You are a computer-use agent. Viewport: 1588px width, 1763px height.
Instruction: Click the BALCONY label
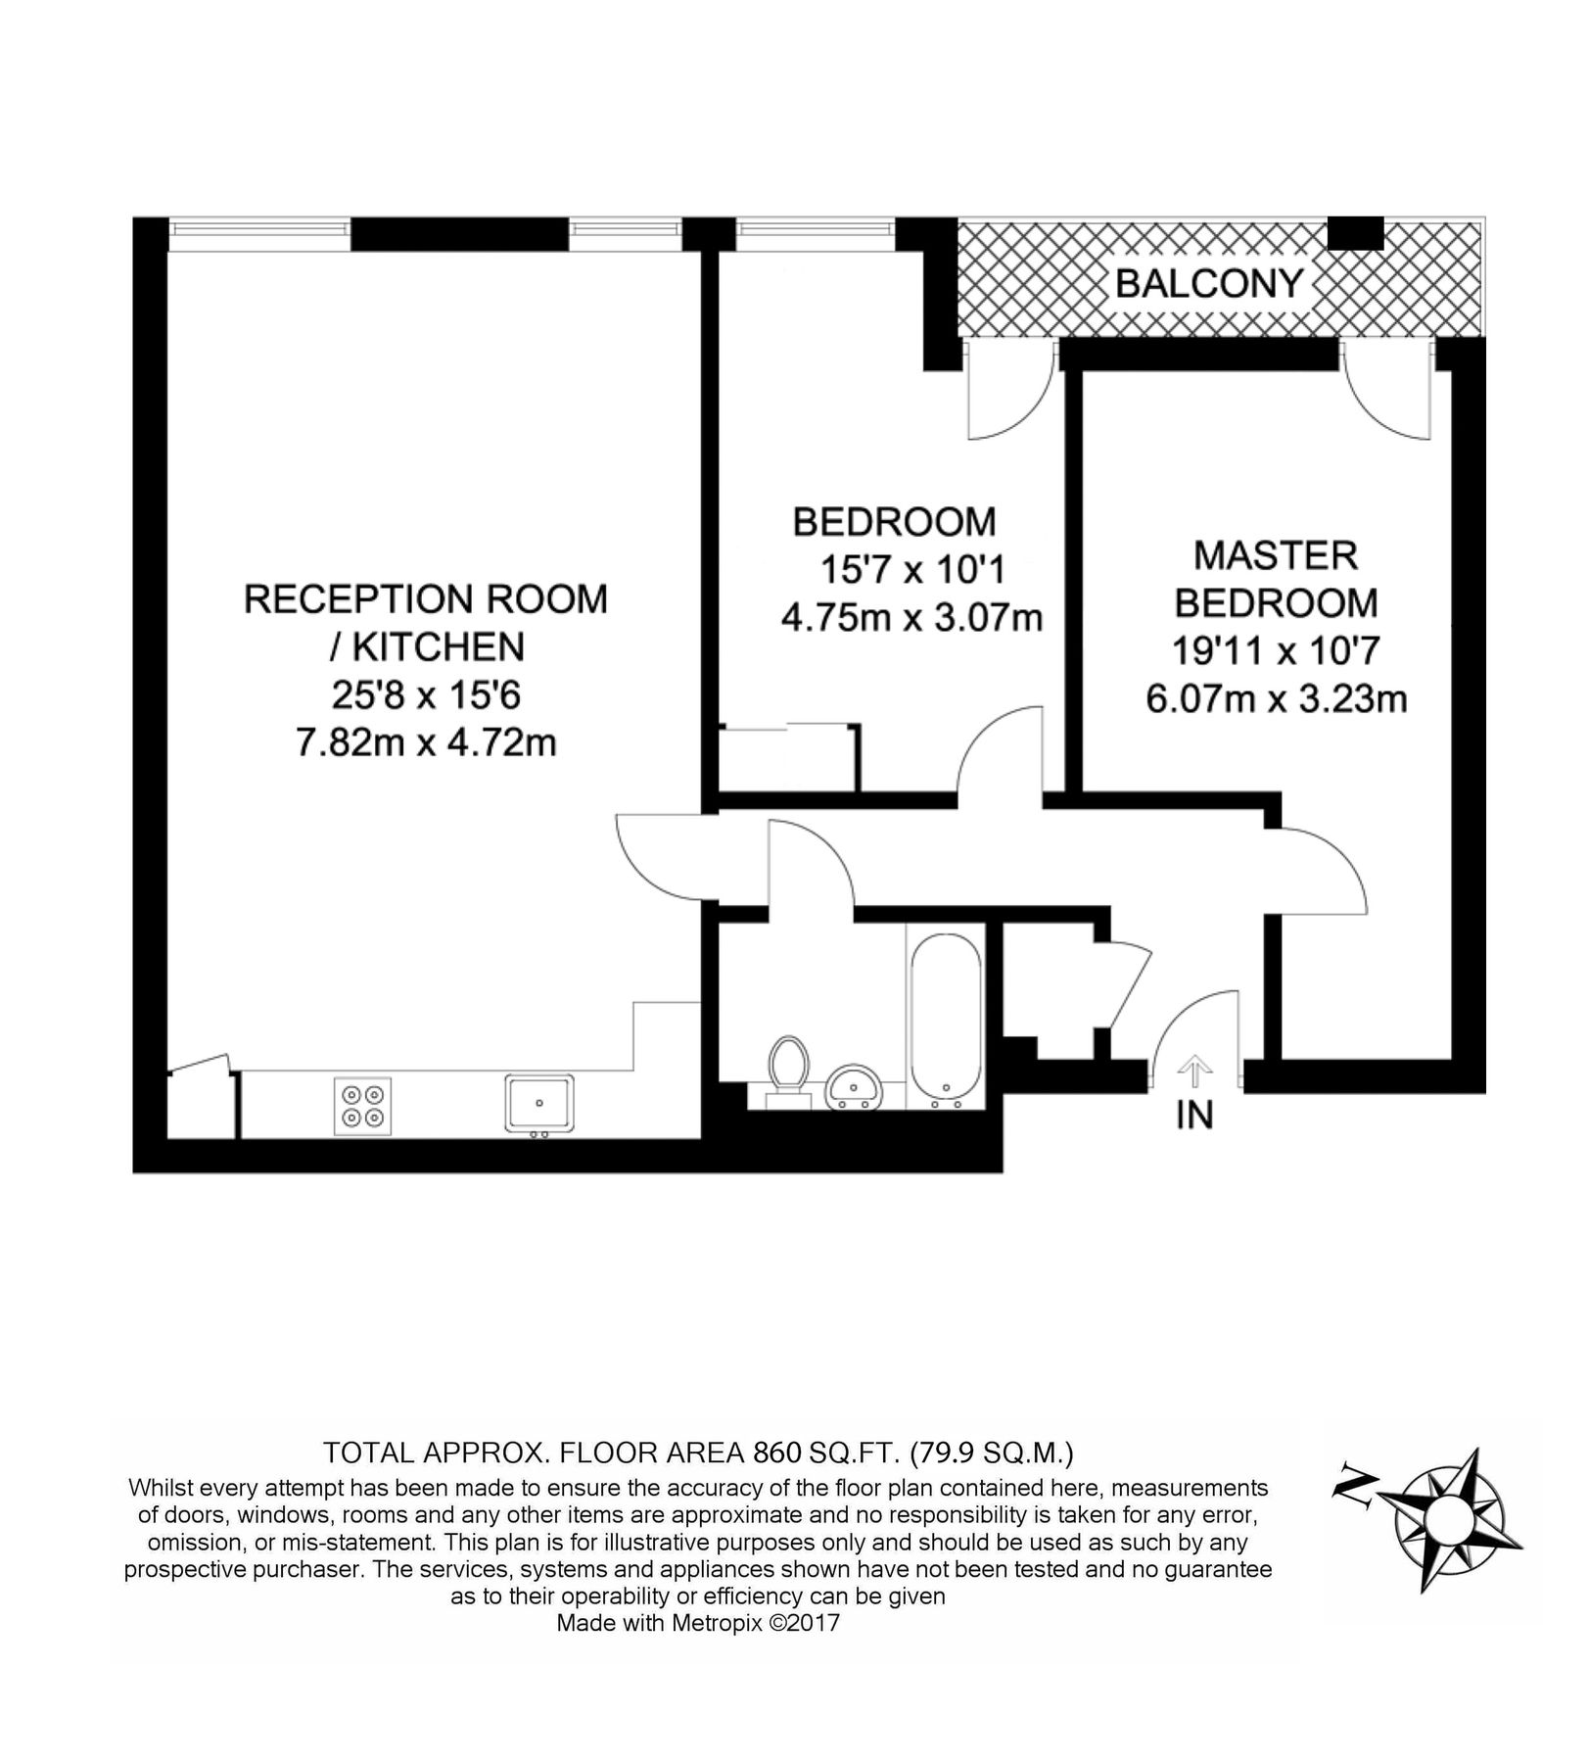(x=1209, y=284)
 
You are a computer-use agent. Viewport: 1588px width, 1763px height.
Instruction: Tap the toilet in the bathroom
(x=788, y=1067)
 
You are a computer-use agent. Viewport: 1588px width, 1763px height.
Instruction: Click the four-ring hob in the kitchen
(x=362, y=1107)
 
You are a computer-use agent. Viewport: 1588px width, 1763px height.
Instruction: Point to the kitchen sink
(x=539, y=1103)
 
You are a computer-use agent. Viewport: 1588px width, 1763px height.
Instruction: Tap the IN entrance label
(x=1193, y=1116)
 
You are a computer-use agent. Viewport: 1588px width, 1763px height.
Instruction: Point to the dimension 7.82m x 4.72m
(x=426, y=743)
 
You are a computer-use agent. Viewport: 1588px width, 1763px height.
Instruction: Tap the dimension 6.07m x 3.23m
(x=1276, y=699)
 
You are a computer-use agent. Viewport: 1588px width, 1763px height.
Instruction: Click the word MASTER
(x=1275, y=556)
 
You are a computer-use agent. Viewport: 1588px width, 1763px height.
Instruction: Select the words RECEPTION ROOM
(x=426, y=599)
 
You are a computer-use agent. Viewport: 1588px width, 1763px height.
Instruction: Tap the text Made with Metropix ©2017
(x=698, y=1623)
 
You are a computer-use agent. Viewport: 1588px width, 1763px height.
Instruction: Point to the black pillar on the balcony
(x=1355, y=233)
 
